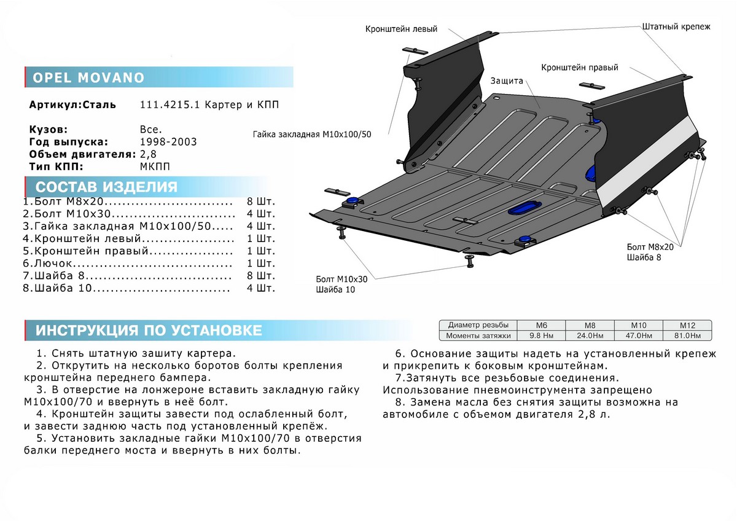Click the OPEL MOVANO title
[x=88, y=78]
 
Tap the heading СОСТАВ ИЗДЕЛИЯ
[x=106, y=187]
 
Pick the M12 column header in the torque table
[x=687, y=325]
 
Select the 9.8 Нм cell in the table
[x=541, y=335]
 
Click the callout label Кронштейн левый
[x=401, y=29]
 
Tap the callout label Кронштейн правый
[x=579, y=68]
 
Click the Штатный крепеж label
[x=676, y=27]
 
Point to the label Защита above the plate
[x=506, y=81]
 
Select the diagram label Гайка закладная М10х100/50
[x=312, y=133]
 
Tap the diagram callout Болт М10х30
[x=341, y=279]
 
